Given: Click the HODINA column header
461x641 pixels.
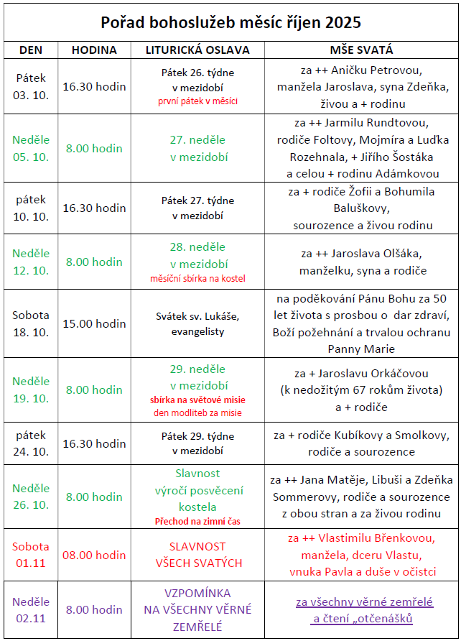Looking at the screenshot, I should pyautogui.click(x=94, y=50).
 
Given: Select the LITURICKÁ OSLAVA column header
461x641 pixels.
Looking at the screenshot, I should pyautogui.click(x=197, y=50).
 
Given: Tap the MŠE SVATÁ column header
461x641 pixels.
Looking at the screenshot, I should pyautogui.click(x=361, y=50).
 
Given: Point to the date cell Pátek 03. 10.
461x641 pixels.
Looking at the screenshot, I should pyautogui.click(x=31, y=86).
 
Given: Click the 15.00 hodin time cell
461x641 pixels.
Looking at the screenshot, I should pyautogui.click(x=94, y=323).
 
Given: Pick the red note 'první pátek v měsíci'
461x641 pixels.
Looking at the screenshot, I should pyautogui.click(x=197, y=101).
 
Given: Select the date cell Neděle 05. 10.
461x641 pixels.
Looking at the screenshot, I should pyautogui.click(x=31, y=148).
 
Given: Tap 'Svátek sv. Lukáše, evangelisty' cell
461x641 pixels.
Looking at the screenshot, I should pyautogui.click(x=197, y=323).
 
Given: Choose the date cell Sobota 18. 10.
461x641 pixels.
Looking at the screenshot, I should pyautogui.click(x=31, y=323).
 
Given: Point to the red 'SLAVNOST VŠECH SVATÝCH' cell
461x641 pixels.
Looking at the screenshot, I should pyautogui.click(x=197, y=555).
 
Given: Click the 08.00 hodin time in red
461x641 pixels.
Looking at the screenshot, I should pyautogui.click(x=94, y=555).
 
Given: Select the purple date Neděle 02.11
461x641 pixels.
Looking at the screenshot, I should pyautogui.click(x=31, y=609).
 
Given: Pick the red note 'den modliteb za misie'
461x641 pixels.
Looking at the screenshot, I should pyautogui.click(x=197, y=412).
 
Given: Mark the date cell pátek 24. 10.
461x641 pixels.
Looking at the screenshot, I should pyautogui.click(x=31, y=443).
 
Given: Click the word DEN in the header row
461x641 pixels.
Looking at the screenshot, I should pyautogui.click(x=31, y=50).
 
